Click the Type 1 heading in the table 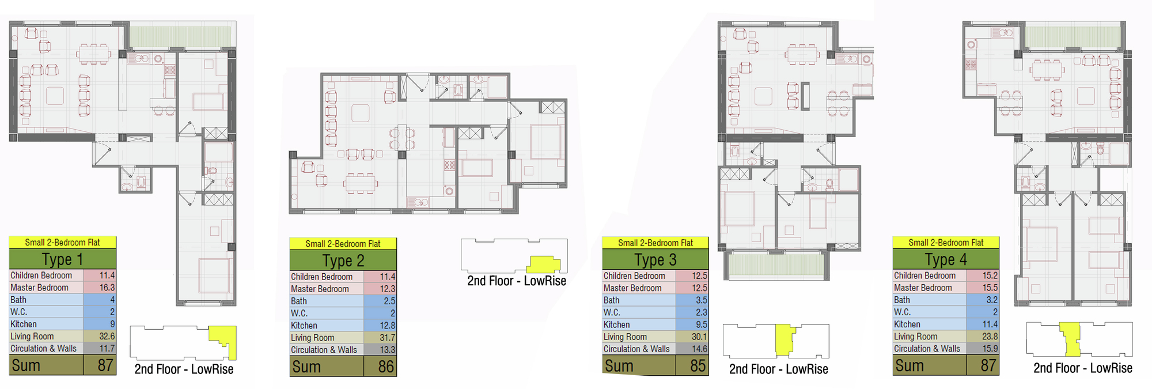[x=62, y=259]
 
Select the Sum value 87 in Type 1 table [x=105, y=365]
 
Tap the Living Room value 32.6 [x=107, y=336]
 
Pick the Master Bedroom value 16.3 [x=107, y=288]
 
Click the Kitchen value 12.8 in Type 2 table [x=387, y=326]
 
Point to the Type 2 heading [x=343, y=261]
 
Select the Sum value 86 [x=386, y=367]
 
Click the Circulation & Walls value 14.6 [x=699, y=349]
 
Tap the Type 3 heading [x=655, y=260]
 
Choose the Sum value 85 [x=698, y=366]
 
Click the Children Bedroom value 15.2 [x=990, y=275]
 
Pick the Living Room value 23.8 [x=990, y=336]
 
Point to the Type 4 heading [x=946, y=259]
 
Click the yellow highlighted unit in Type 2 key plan [x=543, y=265]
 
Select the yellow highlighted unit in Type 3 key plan [x=784, y=340]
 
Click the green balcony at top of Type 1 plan [x=180, y=36]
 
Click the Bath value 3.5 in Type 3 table [x=701, y=300]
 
